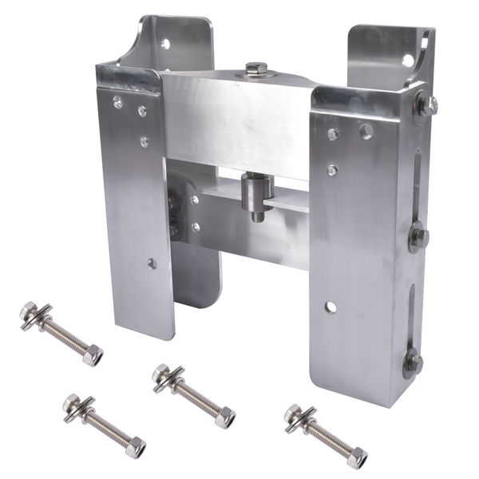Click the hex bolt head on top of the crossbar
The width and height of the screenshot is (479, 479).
256,69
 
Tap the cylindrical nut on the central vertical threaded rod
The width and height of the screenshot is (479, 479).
258,188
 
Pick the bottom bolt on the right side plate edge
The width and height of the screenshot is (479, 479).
412,361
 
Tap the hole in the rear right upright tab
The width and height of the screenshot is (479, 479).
408,61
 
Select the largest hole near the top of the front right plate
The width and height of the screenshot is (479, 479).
365,131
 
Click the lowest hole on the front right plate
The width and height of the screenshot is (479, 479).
331,306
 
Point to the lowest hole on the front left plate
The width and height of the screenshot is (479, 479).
151,263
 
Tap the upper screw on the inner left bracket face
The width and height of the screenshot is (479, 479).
194,200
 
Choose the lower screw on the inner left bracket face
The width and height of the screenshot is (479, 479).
194,227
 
